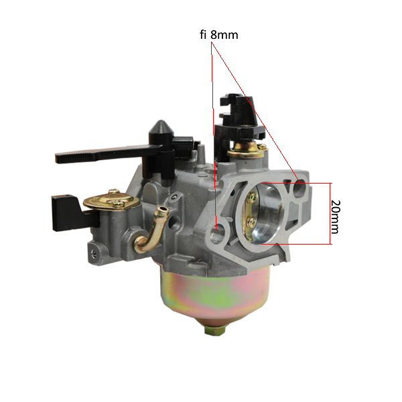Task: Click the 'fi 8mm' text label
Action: (x=218, y=35)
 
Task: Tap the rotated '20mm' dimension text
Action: (x=336, y=217)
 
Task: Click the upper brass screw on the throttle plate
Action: (x=252, y=197)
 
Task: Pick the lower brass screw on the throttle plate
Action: (x=251, y=222)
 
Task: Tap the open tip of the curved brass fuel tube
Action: (x=163, y=211)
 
